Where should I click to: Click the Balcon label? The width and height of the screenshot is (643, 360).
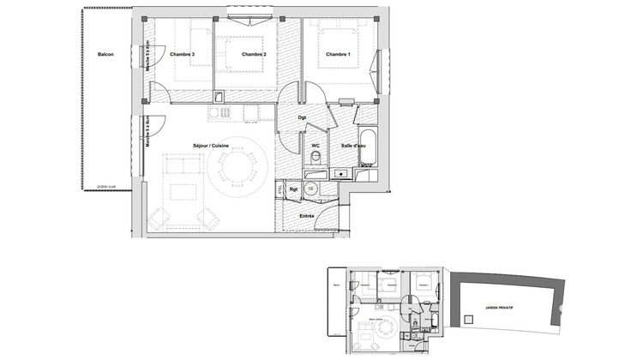(105, 55)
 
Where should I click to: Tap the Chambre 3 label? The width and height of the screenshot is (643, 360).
(182, 55)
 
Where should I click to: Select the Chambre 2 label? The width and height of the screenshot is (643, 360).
(254, 55)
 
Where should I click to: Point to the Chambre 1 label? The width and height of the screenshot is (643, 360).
(338, 55)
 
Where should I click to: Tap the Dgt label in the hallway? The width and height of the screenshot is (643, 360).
(303, 117)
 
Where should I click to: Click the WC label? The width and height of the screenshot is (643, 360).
(315, 146)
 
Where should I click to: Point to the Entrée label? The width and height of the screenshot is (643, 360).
(307, 217)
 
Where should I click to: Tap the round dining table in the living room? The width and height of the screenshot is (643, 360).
(241, 170)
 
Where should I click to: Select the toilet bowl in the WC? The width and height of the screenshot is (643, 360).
(315, 161)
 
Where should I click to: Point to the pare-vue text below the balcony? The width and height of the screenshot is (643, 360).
(106, 186)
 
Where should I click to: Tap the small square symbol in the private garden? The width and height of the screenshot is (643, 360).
(467, 318)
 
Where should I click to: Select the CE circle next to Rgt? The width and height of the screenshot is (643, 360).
(311, 188)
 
